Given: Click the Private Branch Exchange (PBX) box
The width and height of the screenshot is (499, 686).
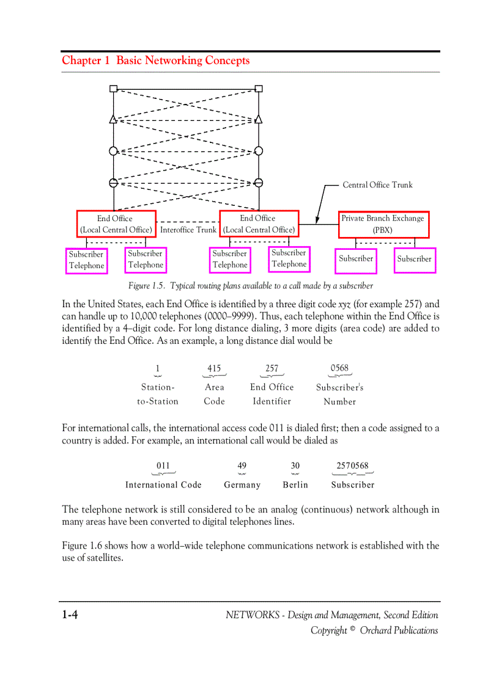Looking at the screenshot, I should (x=383, y=224).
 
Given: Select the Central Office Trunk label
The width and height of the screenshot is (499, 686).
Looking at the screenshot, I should (x=377, y=185).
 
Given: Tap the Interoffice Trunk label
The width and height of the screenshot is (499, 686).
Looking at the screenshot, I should (x=188, y=230).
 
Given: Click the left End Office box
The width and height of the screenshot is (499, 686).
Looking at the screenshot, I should (x=116, y=224).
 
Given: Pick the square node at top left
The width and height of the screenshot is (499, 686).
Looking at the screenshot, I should (x=113, y=89).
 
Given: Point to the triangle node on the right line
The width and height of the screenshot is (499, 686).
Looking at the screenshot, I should (x=259, y=120).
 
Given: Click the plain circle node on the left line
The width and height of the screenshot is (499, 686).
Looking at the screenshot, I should (x=113, y=151).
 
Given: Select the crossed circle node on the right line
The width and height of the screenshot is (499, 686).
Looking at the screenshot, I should (x=259, y=183).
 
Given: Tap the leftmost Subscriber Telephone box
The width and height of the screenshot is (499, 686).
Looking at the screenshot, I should (x=86, y=260).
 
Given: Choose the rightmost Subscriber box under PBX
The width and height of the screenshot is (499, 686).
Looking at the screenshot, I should (x=414, y=260).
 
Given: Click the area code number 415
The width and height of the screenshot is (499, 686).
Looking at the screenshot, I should (x=214, y=368).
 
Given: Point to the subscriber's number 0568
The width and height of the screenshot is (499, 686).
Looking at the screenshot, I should (x=339, y=368).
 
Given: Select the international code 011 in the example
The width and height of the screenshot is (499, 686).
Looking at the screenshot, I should (x=163, y=465).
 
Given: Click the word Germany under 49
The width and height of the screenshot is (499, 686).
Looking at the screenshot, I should (x=242, y=485).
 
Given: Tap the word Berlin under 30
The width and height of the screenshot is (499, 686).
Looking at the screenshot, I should (x=295, y=485).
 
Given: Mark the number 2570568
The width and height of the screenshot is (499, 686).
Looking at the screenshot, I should (x=352, y=465).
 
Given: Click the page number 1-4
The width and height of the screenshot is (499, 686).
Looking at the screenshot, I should (x=69, y=615).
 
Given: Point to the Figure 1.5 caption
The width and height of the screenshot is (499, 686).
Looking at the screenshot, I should (x=250, y=286).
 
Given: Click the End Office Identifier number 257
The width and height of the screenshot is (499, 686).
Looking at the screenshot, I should (x=272, y=368).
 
